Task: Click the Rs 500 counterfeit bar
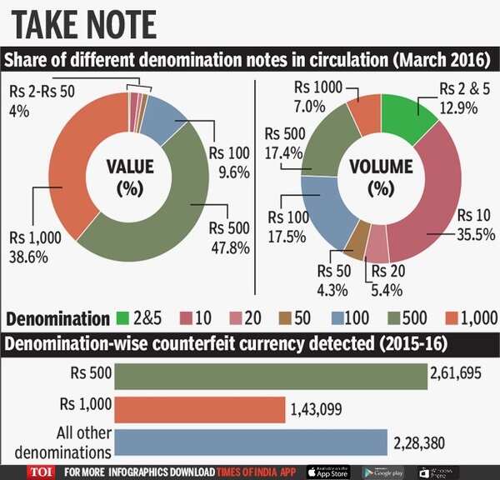coord(271,376)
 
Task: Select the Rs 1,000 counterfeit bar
coord(198,409)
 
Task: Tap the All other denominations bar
coord(250,442)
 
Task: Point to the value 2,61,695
coord(456,372)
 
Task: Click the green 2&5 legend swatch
coord(122,317)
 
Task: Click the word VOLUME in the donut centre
coord(380,166)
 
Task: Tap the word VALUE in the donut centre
coord(131,166)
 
